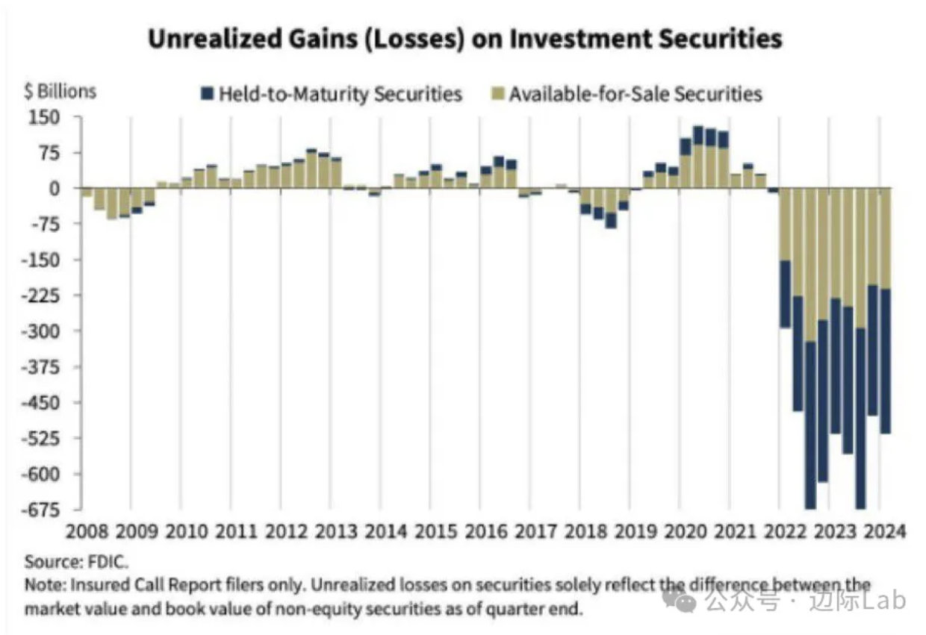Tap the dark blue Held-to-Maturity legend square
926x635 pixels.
pyautogui.click(x=208, y=94)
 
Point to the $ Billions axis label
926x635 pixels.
pyautogui.click(x=60, y=91)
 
